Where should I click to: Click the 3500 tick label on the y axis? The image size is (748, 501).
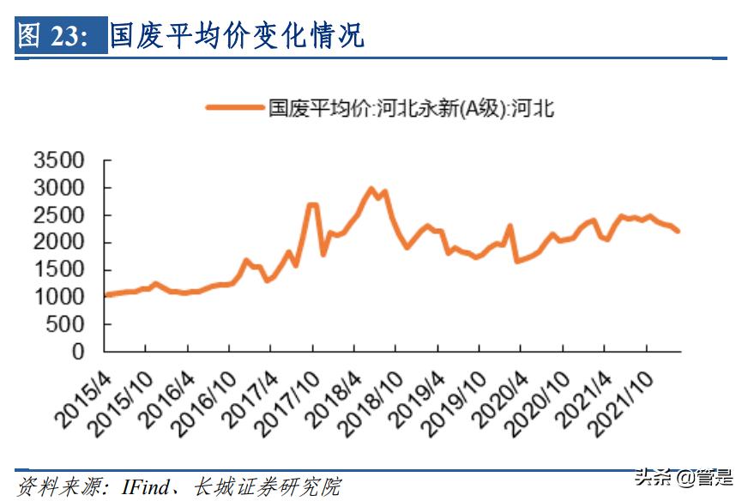coord(58,160)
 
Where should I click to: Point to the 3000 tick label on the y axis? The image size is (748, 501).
coord(58,188)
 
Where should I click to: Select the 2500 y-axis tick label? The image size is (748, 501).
coord(58,215)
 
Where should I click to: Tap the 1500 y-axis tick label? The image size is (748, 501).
coord(58,269)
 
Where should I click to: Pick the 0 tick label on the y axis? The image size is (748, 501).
coord(78,352)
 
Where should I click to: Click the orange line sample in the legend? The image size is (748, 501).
coord(234,107)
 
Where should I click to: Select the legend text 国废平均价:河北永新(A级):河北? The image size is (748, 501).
coord(412,107)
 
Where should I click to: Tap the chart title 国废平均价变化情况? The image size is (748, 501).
coord(237,36)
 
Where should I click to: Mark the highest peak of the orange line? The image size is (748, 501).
coord(371,189)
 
